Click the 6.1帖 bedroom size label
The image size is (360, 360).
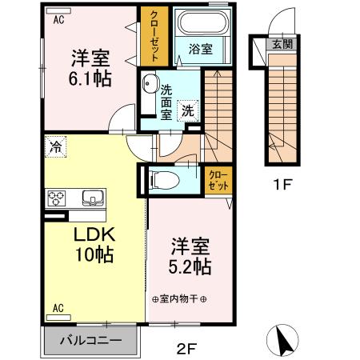click(x=90, y=79)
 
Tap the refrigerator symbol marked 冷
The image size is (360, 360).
click(x=57, y=146)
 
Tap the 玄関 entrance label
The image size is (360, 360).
click(x=281, y=44)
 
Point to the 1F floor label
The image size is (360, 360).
click(x=281, y=184)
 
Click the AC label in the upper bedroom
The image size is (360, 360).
click(x=58, y=22)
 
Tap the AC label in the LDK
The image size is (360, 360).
click(x=58, y=307)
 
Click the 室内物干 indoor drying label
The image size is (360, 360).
click(x=179, y=299)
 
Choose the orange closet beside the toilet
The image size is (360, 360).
click(x=217, y=178)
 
